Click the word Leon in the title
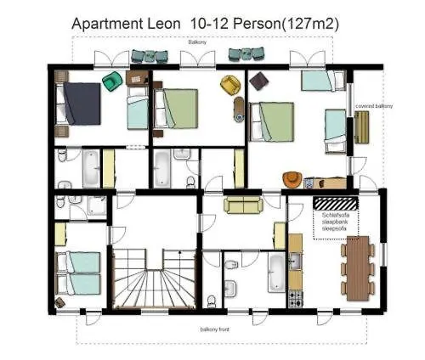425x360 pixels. tap(159, 25)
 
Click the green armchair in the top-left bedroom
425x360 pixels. tap(111, 81)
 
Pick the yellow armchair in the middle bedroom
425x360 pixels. tap(229, 85)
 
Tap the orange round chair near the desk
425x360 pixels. tap(292, 178)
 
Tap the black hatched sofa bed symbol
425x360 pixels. tap(334, 204)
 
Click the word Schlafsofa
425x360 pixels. tap(334, 216)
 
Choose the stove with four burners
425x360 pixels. tap(295, 299)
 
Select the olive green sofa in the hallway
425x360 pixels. tap(243, 205)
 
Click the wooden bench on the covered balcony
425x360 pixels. tap(363, 127)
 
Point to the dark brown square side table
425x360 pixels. tap(258, 81)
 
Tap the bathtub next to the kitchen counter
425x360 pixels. tap(277, 273)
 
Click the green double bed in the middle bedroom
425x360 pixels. tap(181, 108)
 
